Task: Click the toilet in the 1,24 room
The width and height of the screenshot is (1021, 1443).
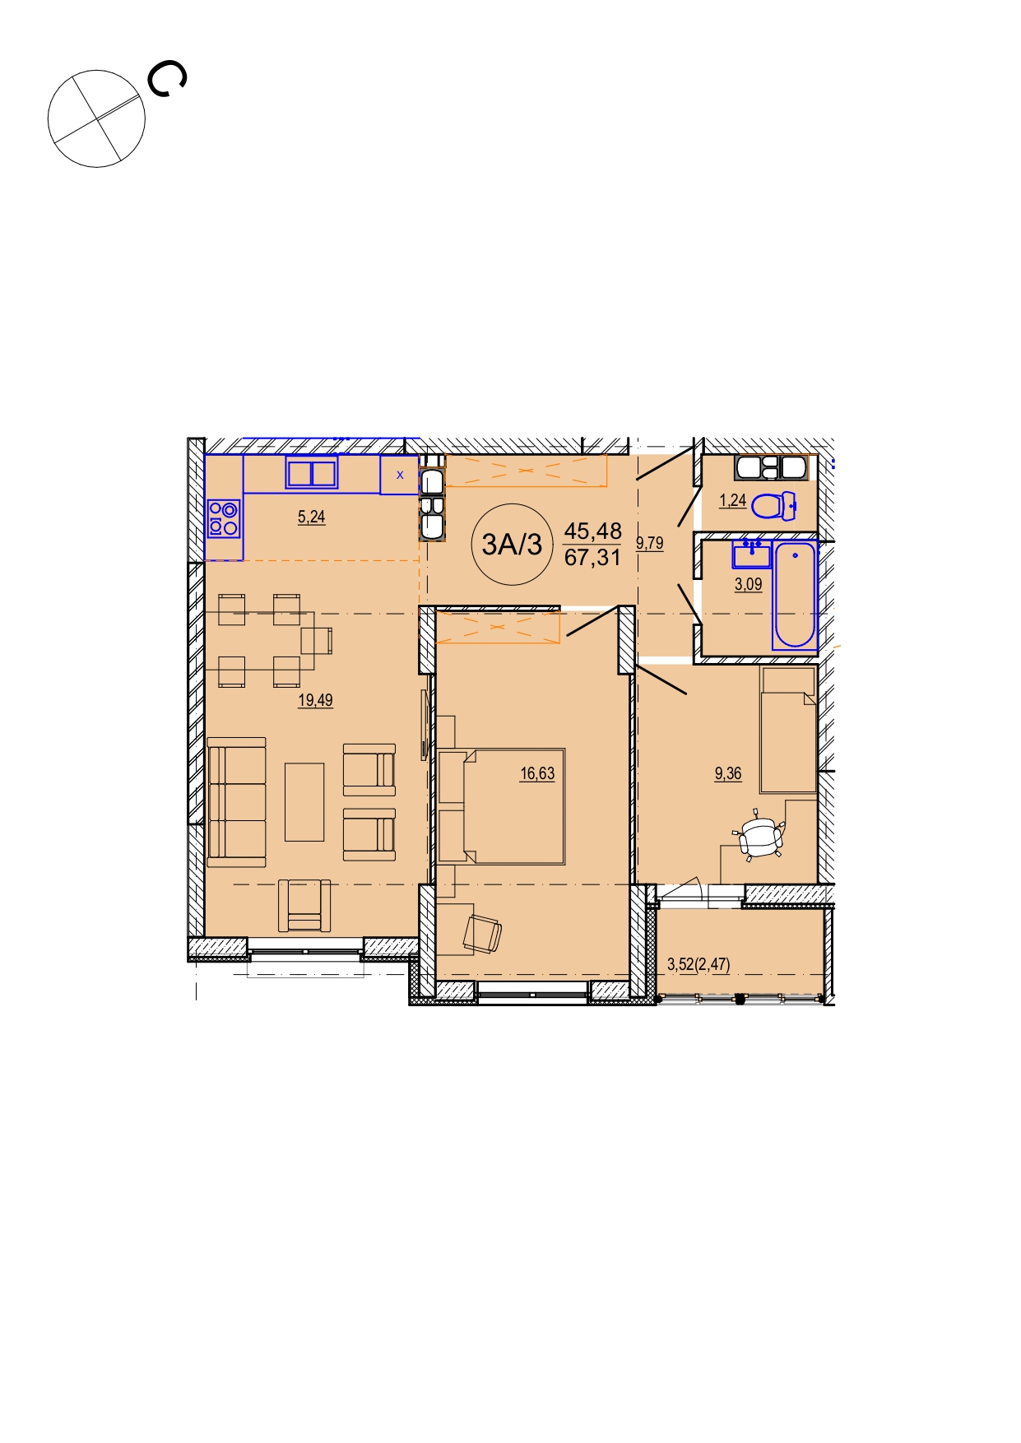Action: (774, 505)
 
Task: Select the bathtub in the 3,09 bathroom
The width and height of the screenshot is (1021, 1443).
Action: (794, 595)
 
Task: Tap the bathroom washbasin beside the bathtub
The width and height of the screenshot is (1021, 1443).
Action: (751, 554)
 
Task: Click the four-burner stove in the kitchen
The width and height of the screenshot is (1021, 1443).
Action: (224, 518)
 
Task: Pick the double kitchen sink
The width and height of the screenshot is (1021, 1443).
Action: (312, 474)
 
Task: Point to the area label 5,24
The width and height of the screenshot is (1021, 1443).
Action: (311, 517)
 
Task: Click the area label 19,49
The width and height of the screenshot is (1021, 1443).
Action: (315, 701)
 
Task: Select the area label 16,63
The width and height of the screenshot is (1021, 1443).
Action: (537, 773)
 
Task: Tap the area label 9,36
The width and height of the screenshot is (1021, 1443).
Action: (728, 773)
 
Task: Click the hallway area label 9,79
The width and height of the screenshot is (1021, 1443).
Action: (649, 543)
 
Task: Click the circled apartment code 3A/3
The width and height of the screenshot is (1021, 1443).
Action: (512, 544)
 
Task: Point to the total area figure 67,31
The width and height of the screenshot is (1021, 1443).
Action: (592, 558)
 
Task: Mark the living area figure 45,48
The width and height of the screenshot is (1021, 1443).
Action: (592, 531)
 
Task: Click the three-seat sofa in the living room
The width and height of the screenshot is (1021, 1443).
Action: (237, 802)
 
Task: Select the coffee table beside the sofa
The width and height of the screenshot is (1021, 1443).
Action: (304, 802)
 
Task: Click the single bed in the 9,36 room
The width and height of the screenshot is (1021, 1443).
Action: (788, 731)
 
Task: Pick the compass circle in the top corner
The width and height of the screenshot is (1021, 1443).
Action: (96, 118)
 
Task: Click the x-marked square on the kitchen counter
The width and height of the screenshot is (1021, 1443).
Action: (400, 475)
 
